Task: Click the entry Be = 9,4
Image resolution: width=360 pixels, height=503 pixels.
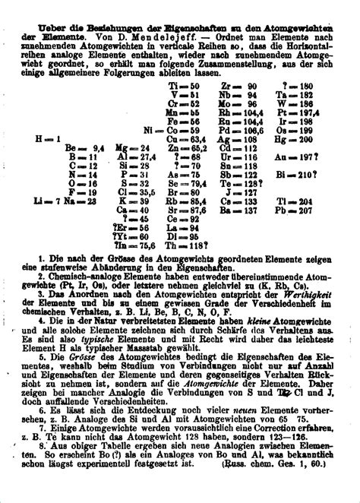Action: [x=84, y=148]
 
